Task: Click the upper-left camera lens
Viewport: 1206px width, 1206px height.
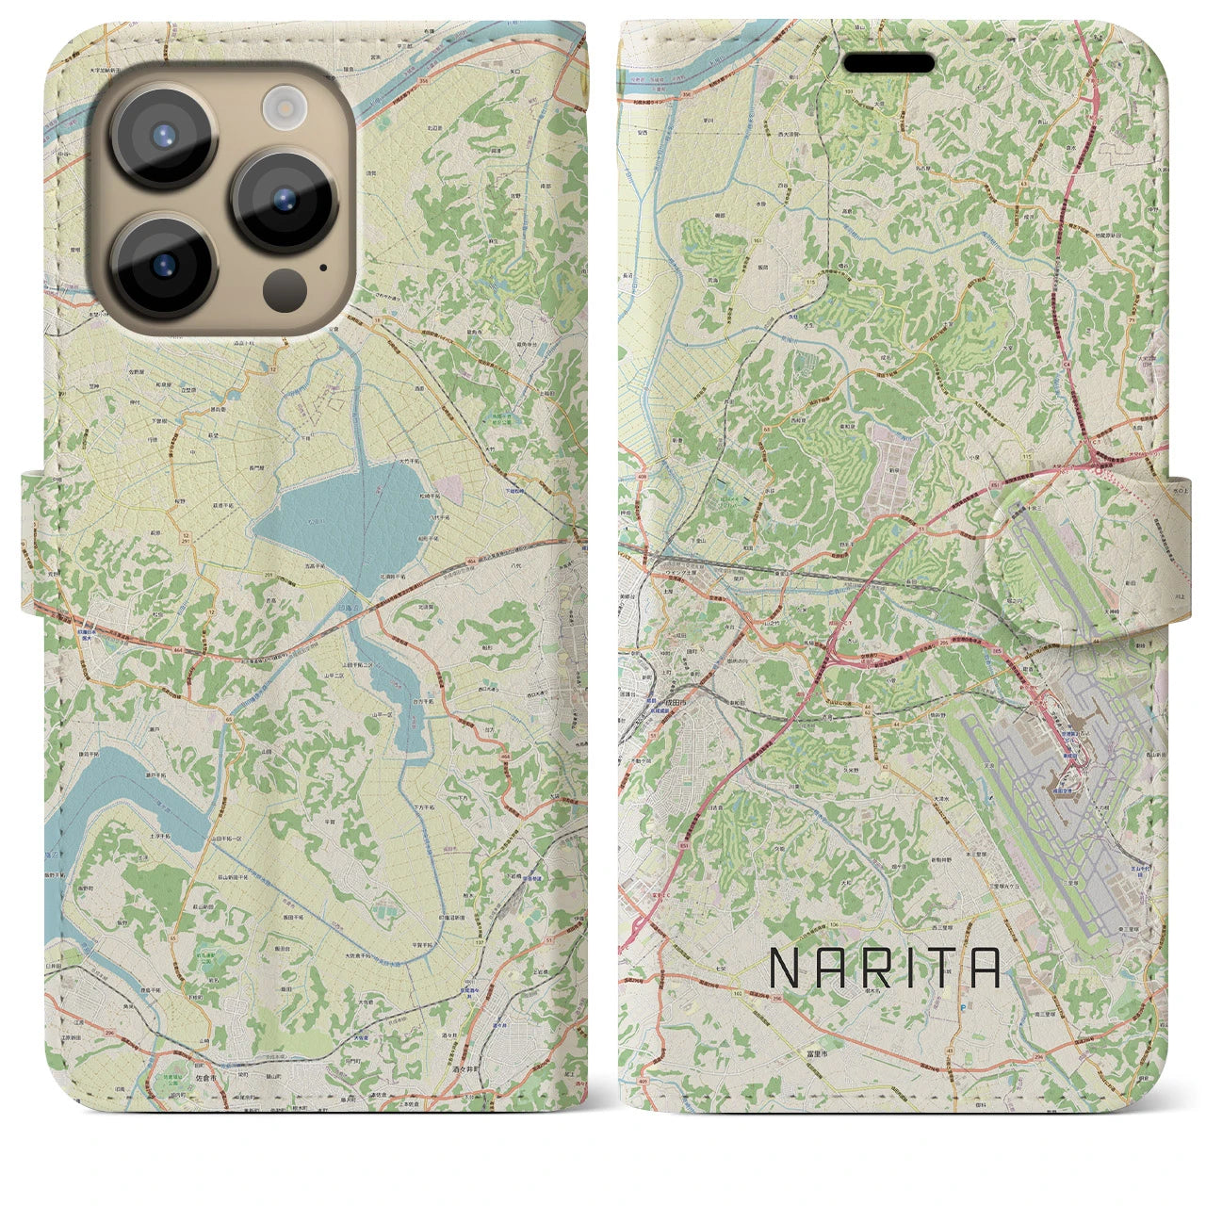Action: click(164, 137)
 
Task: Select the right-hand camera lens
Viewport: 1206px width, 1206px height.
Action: click(285, 200)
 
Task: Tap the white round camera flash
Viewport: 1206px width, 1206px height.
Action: click(281, 106)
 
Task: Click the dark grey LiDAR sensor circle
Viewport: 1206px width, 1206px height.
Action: click(282, 284)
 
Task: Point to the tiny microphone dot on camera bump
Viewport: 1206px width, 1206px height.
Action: click(323, 267)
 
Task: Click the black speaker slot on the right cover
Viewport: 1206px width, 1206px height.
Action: click(888, 63)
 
